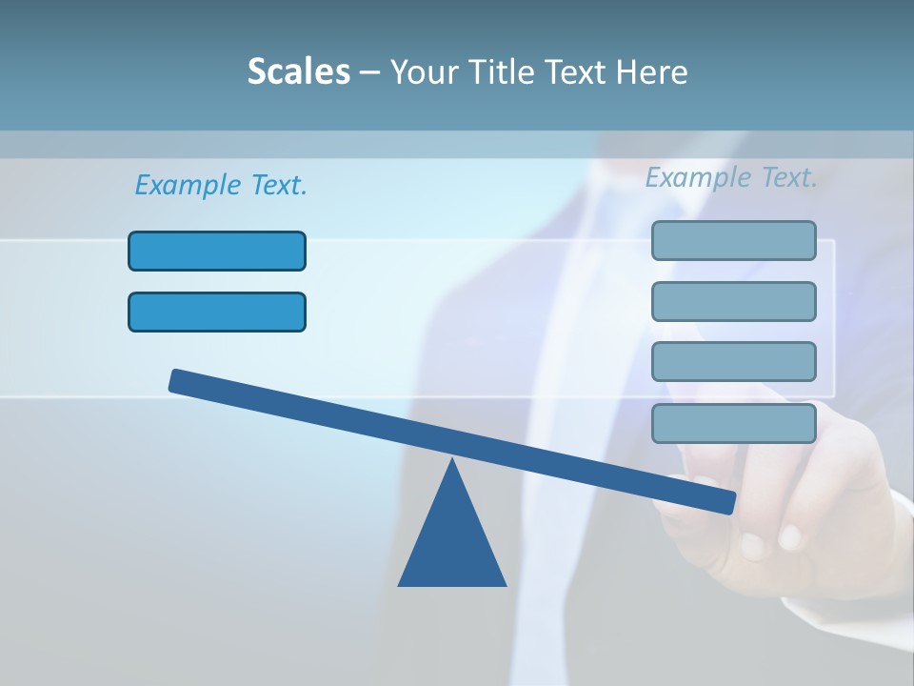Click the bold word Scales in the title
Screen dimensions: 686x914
coord(298,71)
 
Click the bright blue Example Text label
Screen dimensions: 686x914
coord(221,185)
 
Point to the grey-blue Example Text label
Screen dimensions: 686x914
coord(731,177)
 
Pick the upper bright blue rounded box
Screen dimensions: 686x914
coord(217,251)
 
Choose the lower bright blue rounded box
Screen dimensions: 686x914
coord(217,312)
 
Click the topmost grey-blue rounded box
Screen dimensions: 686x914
coord(733,240)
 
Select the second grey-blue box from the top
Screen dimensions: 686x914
coord(733,301)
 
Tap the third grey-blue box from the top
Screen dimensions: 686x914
coord(733,361)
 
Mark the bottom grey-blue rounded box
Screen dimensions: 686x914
coord(733,423)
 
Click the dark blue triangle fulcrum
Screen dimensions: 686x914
coord(452,543)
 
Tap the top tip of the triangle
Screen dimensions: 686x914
coord(452,462)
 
